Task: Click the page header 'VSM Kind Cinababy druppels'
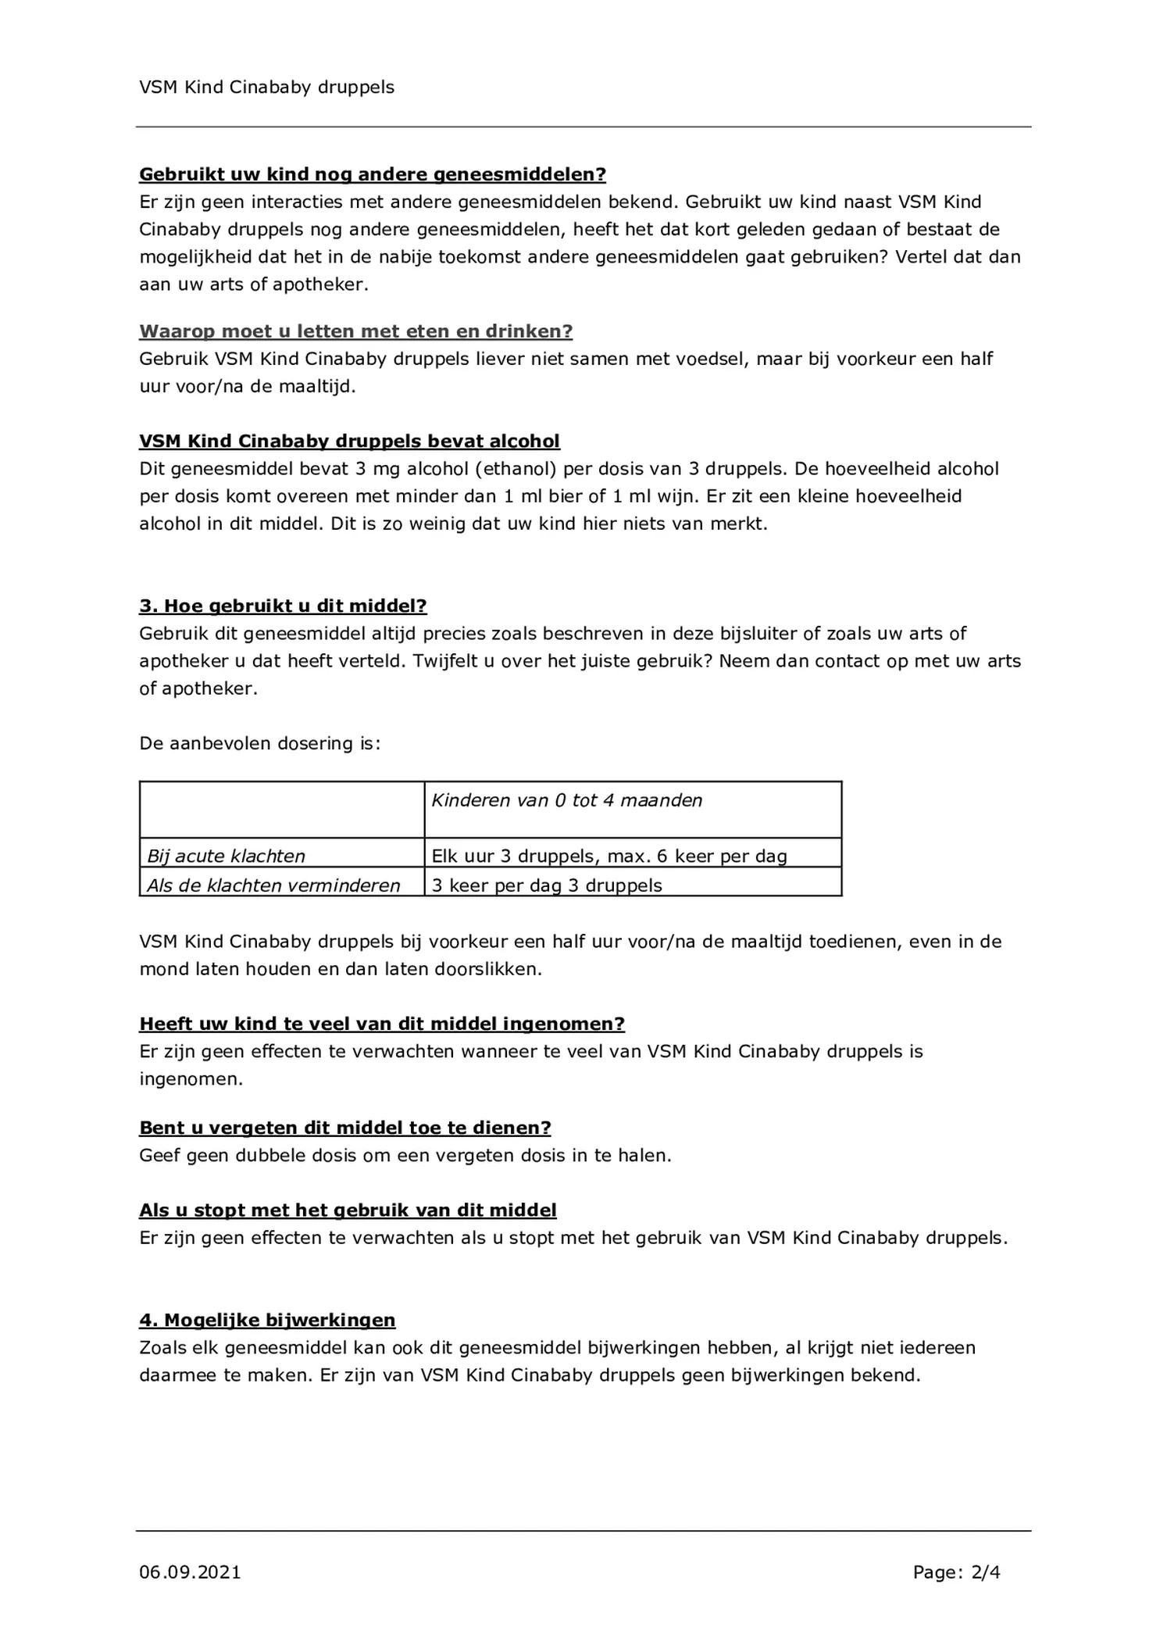[266, 88]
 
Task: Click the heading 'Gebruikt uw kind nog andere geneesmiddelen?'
[373, 174]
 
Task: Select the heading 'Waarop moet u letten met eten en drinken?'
[355, 331]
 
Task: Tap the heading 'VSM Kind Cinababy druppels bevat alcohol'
[349, 442]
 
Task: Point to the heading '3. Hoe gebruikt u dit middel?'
[283, 606]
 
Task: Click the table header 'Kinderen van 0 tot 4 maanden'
[567, 800]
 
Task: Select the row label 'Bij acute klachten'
[227, 856]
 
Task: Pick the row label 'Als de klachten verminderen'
[273, 885]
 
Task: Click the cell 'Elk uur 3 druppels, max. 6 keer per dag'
[608, 856]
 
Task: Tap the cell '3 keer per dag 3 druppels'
[547, 885]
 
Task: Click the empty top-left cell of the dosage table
[281, 809]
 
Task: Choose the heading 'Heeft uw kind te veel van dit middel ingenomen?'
[382, 1024]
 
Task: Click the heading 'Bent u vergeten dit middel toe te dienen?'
[345, 1128]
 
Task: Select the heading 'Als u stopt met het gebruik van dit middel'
[348, 1210]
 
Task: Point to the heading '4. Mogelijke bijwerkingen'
[267, 1320]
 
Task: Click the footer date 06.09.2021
[190, 1572]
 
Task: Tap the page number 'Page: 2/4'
[956, 1572]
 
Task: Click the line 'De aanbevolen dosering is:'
[259, 743]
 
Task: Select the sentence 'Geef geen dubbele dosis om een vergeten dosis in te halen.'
[405, 1155]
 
